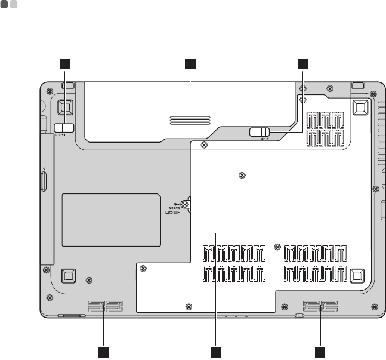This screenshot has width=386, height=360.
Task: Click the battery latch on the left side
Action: pyautogui.click(x=64, y=128)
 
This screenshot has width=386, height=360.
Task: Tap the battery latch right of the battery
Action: pyautogui.click(x=260, y=132)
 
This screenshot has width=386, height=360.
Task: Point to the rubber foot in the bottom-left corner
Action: pyautogui.click(x=67, y=275)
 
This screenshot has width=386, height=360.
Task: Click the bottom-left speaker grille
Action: pyautogui.click(x=105, y=307)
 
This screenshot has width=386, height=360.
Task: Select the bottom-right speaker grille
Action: pyautogui.click(x=319, y=307)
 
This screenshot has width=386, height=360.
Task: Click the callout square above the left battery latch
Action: pyautogui.click(x=65, y=63)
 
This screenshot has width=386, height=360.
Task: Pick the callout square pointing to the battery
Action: pyautogui.click(x=190, y=63)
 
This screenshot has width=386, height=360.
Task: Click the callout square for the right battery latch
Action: pyautogui.click(x=303, y=63)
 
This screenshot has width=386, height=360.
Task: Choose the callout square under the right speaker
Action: pyautogui.click(x=320, y=351)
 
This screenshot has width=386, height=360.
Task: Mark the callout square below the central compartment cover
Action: pyautogui.click(x=215, y=351)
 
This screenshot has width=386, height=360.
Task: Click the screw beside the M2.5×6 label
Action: pyautogui.click(x=185, y=204)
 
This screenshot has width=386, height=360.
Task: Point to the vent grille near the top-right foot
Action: pyautogui.click(x=325, y=129)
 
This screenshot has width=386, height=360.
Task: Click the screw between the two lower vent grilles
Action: pyautogui.click(x=277, y=247)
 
